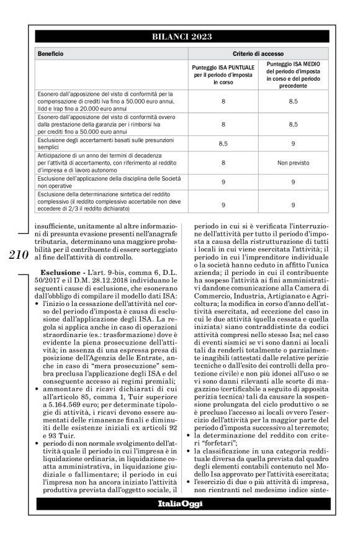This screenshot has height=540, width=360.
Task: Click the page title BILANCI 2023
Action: click(x=179, y=38)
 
